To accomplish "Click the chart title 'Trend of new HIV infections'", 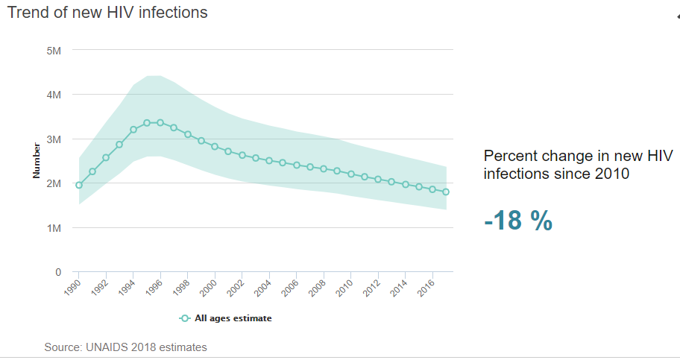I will (x=107, y=13).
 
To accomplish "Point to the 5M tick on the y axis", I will (x=53, y=51).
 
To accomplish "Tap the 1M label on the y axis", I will (x=53, y=227).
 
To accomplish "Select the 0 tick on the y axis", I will (x=58, y=272).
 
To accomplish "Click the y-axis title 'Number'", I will (x=36, y=161).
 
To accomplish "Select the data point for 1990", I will (x=79, y=185).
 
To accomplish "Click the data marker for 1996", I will (x=160, y=122).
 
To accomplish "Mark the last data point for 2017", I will (x=446, y=192).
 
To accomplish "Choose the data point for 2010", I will (x=350, y=174).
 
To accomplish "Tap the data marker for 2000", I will (x=215, y=146).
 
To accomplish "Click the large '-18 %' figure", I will (x=518, y=221).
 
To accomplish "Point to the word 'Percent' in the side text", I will (x=508, y=157).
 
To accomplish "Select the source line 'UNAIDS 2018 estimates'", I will (x=125, y=347).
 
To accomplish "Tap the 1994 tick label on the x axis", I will (x=128, y=287).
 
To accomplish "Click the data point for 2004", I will (x=269, y=161).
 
